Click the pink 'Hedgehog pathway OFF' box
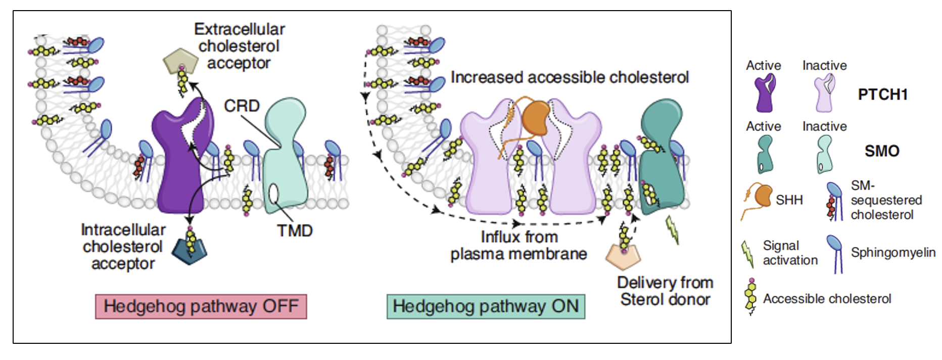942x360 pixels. click(201, 306)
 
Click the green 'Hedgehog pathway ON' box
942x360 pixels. click(486, 306)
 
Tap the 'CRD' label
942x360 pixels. click(242, 106)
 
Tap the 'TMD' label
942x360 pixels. click(295, 231)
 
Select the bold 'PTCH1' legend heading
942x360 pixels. click(883, 95)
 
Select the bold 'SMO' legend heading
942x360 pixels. click(882, 151)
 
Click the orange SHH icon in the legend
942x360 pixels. click(763, 196)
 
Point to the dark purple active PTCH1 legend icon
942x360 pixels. click(765, 93)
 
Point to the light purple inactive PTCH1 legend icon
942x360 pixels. click(824, 93)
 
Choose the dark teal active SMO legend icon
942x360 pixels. click(765, 154)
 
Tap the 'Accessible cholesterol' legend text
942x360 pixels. click(827, 299)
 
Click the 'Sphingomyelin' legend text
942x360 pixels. click(893, 252)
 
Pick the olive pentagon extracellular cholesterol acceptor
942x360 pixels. click(179, 61)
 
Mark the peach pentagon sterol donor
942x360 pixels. click(623, 257)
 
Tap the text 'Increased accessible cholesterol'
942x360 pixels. click(570, 77)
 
